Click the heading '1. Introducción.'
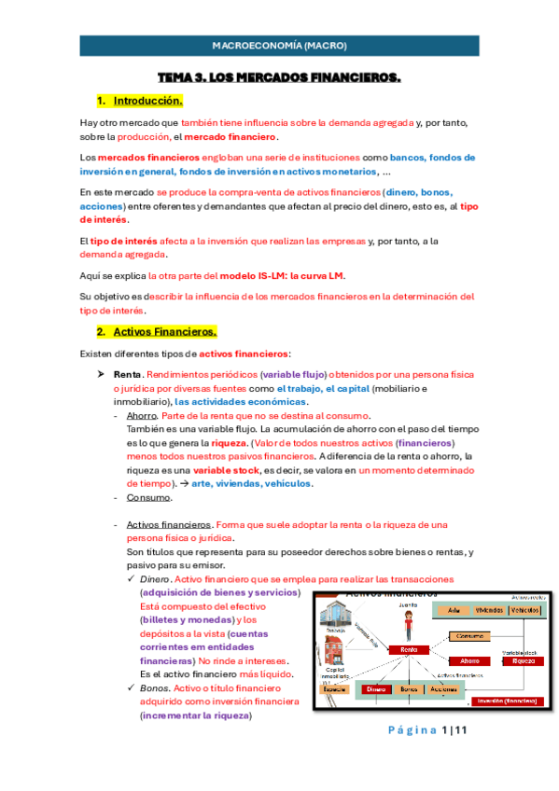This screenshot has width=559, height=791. click(x=147, y=100)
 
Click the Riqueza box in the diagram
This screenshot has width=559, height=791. click(x=523, y=659)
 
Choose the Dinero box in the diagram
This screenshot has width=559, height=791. click(x=376, y=688)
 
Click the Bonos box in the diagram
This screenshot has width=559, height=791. click(x=408, y=688)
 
